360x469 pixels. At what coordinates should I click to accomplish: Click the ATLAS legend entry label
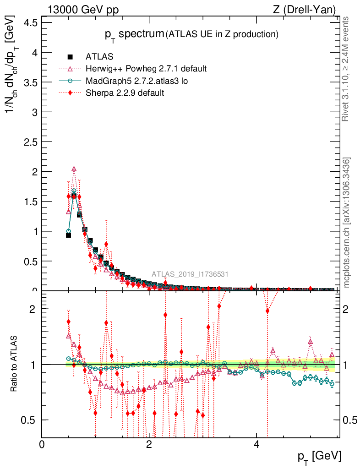click(99, 57)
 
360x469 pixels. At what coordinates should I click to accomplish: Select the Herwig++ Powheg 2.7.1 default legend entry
click(146, 69)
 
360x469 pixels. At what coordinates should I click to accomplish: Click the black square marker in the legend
click(70, 57)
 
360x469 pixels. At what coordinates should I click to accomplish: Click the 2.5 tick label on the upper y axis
click(31, 142)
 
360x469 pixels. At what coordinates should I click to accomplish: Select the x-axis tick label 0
click(42, 444)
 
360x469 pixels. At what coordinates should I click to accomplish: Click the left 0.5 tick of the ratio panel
click(31, 420)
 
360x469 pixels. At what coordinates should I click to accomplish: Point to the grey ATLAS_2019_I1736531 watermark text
click(190, 274)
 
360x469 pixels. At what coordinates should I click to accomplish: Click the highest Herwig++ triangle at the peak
click(74, 169)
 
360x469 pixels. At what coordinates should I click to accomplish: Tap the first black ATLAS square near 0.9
click(68, 235)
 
